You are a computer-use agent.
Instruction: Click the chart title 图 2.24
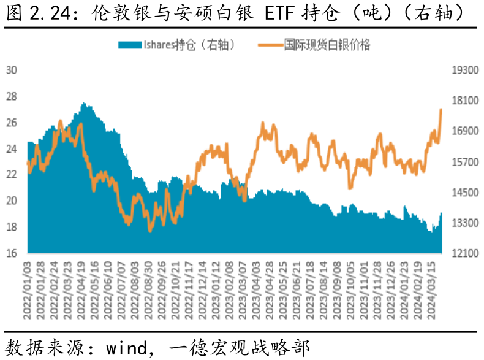[37, 13]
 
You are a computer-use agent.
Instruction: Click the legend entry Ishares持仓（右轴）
[189, 45]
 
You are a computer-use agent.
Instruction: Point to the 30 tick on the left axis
[11, 70]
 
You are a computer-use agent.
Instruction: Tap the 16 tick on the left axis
[11, 253]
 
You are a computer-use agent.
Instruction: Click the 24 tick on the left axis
[11, 148]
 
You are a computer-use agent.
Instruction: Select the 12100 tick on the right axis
[464, 253]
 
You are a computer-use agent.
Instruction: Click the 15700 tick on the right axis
[464, 162]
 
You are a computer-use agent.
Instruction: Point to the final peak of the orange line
[441, 109]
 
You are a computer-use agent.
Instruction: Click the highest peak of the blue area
[85, 104]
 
